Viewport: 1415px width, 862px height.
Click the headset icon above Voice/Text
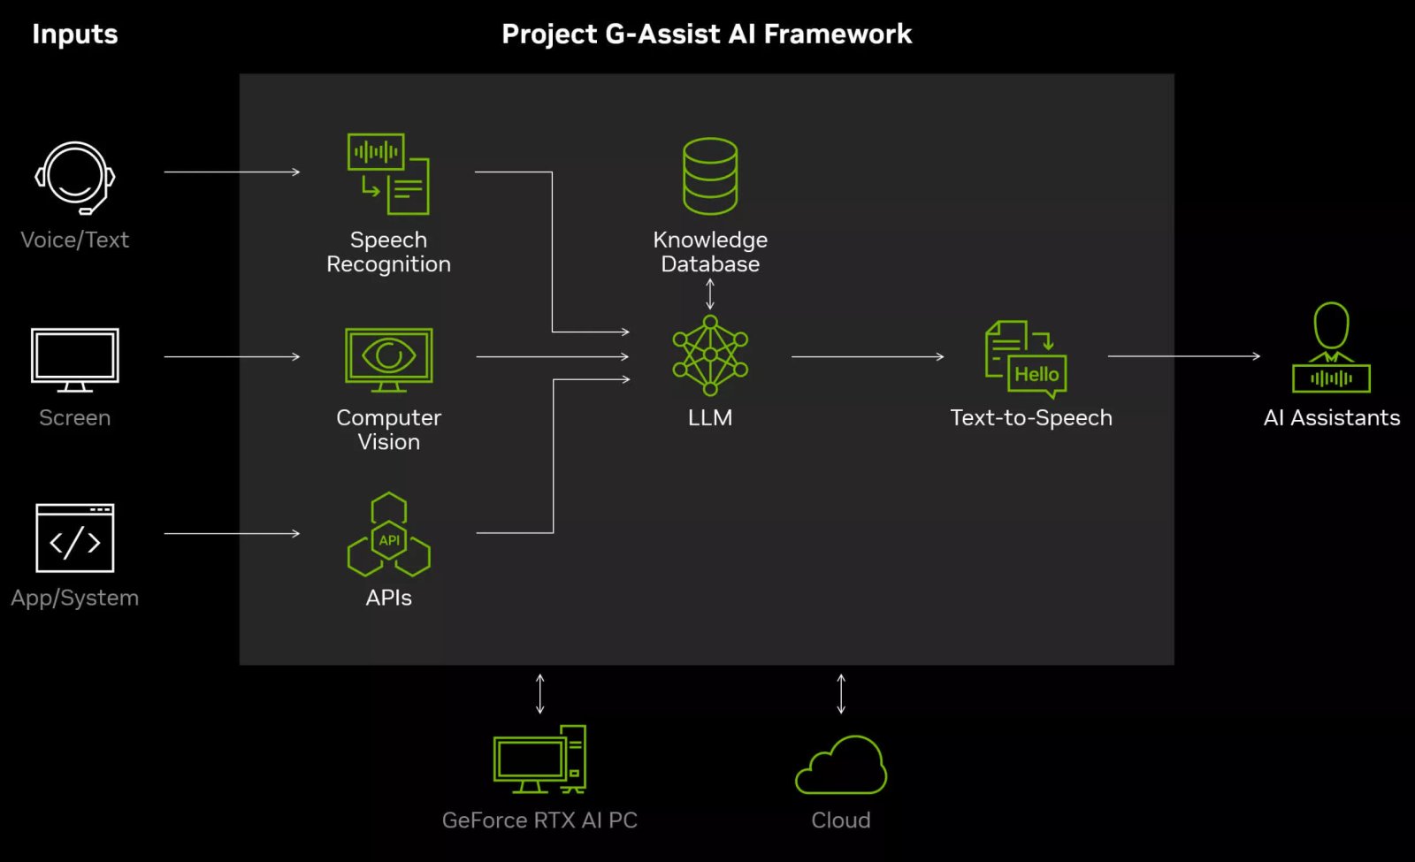[x=75, y=177]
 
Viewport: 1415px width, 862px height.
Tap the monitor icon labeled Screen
[x=75, y=358]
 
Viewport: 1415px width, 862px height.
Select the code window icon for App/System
[x=75, y=538]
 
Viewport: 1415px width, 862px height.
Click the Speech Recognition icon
[x=388, y=174]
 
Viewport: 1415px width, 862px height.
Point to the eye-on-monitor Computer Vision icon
[x=388, y=358]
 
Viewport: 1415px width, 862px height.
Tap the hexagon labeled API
[x=389, y=539]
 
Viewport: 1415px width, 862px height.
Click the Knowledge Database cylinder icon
[x=710, y=175]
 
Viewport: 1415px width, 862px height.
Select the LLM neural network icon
[x=710, y=355]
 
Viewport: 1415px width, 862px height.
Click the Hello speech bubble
[x=1036, y=374]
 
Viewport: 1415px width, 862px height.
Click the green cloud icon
[x=841, y=766]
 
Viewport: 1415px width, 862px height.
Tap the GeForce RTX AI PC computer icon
[x=539, y=759]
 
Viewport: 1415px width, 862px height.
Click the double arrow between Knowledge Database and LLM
[x=710, y=294]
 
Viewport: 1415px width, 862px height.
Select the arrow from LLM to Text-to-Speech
[x=867, y=356]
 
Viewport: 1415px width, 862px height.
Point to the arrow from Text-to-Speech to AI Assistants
[x=1183, y=356]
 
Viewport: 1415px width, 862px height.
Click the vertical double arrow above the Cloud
[x=841, y=693]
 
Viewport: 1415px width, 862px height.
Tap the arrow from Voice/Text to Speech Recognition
[x=232, y=172]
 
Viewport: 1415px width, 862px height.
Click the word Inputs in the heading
[x=75, y=34]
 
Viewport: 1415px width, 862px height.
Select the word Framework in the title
[x=838, y=34]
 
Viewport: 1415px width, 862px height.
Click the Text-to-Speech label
[x=1031, y=417]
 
